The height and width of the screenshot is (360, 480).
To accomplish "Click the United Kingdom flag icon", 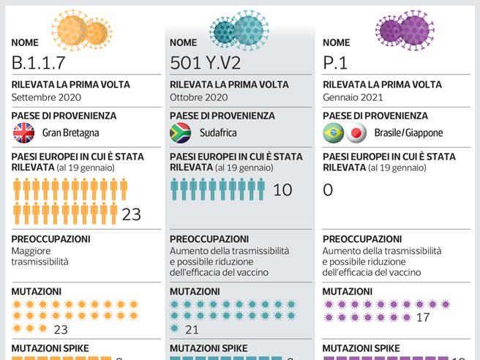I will tap(24, 133).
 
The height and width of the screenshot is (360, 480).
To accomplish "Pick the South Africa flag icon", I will tap(181, 133).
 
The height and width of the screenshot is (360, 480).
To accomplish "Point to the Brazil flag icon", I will tap(334, 133).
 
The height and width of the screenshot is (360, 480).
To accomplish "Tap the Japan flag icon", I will tap(356, 133).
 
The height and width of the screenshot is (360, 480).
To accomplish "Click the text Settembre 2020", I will tap(47, 97).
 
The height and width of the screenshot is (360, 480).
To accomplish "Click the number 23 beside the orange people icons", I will tap(131, 214).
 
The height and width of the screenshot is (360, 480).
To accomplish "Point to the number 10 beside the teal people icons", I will tap(282, 190).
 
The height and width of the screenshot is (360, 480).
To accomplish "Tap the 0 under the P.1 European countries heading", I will tap(328, 190).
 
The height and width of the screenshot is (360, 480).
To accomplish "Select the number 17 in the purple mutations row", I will tap(422, 318).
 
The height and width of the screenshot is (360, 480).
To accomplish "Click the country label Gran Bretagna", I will tap(70, 133).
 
